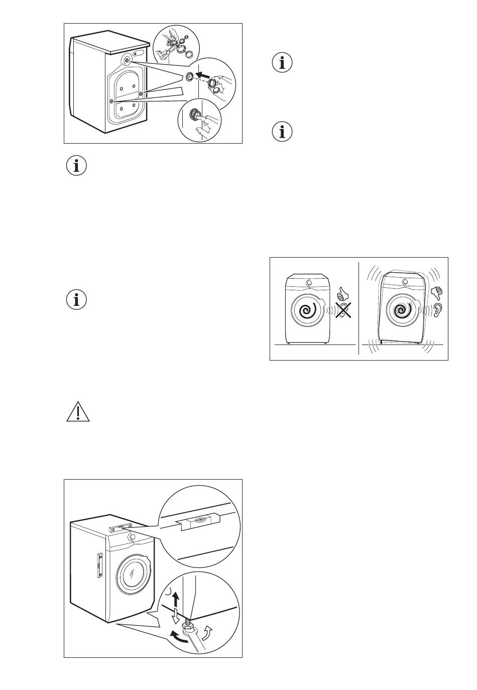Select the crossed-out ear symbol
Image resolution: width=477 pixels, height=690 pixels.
(x=343, y=311)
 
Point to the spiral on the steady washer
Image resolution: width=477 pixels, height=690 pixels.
(x=307, y=311)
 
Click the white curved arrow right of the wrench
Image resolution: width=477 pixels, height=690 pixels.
(x=208, y=629)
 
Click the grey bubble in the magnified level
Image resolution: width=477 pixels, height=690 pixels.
(x=200, y=521)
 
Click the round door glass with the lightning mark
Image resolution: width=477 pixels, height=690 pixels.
(x=133, y=575)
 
